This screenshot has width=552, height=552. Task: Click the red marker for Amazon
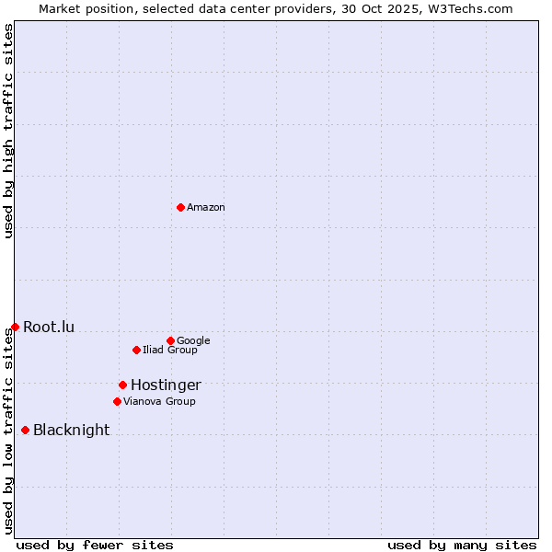[180, 207]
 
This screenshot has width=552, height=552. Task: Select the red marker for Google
[170, 340]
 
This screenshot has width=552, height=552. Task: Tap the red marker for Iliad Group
[136, 350]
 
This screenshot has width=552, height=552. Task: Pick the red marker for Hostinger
[122, 385]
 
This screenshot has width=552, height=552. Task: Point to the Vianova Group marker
[117, 401]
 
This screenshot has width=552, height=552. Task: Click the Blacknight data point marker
[25, 430]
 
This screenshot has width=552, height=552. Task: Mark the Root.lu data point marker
[15, 327]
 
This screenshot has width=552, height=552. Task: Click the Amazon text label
[206, 208]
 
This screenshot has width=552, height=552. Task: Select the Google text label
[193, 341]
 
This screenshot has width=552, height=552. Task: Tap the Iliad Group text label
[170, 351]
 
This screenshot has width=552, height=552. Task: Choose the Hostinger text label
[166, 385]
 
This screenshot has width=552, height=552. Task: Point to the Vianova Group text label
[159, 402]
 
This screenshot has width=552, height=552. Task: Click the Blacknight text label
[71, 431]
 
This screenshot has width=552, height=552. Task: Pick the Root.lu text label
[49, 328]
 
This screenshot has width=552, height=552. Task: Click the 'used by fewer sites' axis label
[95, 546]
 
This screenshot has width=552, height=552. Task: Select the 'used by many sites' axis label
[462, 546]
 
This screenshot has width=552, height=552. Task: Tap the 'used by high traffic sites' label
[8, 131]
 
